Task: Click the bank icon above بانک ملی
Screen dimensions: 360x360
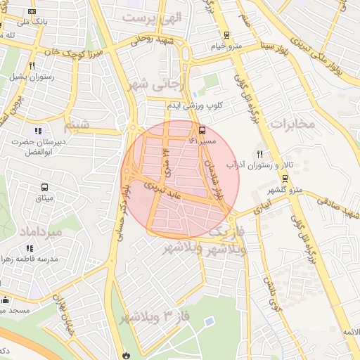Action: click(x=32, y=11)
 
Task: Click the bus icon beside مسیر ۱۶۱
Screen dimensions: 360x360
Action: click(x=202, y=130)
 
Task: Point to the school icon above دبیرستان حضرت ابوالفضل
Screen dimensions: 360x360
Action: click(x=38, y=130)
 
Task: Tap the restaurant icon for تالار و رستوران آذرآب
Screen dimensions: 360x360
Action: click(x=259, y=154)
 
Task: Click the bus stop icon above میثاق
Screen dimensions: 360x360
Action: click(x=44, y=188)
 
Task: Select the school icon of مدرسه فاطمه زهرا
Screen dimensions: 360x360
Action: click(x=30, y=247)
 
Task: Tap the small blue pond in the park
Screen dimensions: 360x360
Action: click(x=210, y=321)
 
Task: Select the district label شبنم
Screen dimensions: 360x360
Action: click(x=77, y=127)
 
